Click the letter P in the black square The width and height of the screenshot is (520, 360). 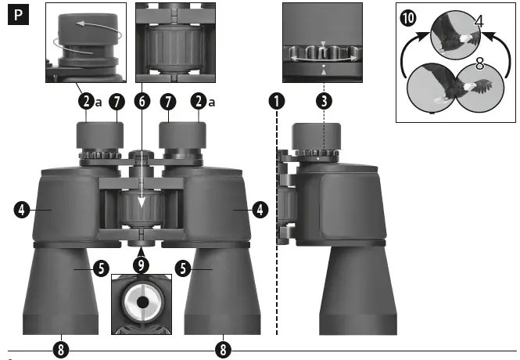click(x=16, y=16)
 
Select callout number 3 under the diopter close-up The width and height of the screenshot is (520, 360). click(x=324, y=100)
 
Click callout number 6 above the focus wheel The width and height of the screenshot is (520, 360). click(x=142, y=100)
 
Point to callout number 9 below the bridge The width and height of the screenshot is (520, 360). click(x=142, y=264)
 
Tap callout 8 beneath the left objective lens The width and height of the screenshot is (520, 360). click(x=60, y=347)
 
